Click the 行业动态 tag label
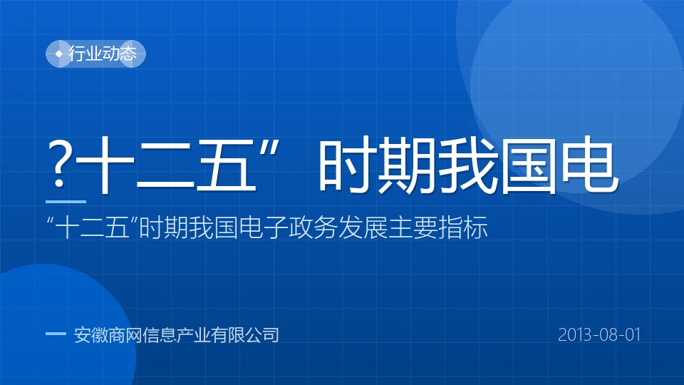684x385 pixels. coord(103,53)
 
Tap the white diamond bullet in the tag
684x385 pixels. coord(59,53)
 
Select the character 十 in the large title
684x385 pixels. coord(104,165)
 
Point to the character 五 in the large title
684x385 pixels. coord(226,165)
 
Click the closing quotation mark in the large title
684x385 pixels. coord(269,148)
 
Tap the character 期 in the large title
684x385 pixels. coord(407,165)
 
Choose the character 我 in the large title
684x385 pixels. coord(467,165)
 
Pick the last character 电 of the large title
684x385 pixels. coord(589,165)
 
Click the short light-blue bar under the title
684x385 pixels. coord(66,202)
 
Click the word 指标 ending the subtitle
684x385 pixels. coord(463,227)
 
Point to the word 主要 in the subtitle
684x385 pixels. coord(413,227)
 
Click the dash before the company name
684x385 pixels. coord(56,334)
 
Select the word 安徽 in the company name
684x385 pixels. coord(90,335)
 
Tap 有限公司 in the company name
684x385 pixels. coord(244,335)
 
